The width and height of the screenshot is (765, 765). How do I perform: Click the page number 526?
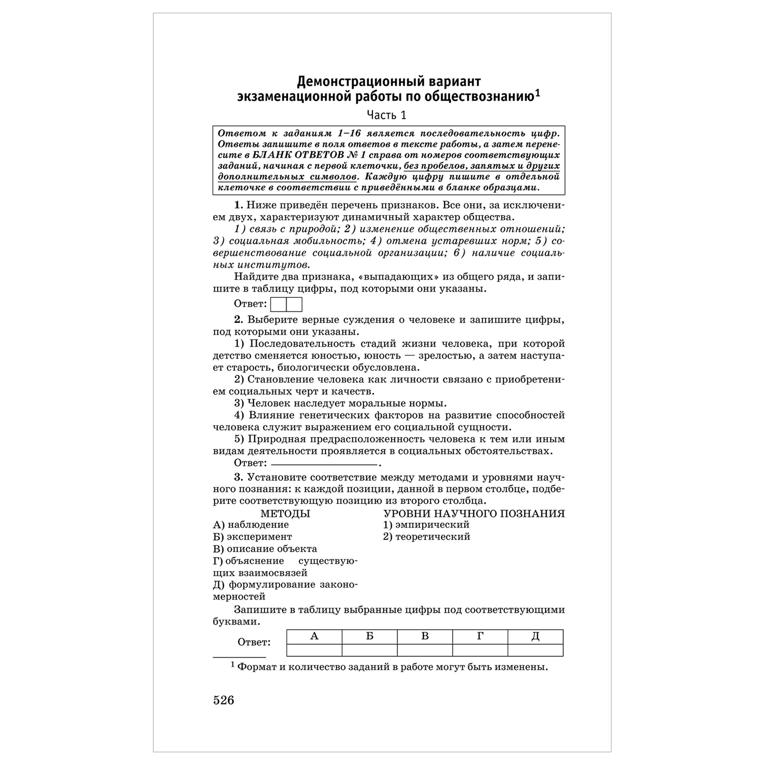(223, 700)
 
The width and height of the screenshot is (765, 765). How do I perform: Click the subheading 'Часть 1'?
(387, 115)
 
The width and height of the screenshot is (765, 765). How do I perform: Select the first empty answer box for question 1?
(278, 304)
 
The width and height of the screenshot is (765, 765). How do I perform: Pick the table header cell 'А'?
(314, 636)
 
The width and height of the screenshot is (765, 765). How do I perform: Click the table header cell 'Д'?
(535, 636)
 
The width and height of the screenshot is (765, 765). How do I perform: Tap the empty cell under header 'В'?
(425, 650)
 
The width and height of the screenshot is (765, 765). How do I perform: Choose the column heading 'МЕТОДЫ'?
(285, 514)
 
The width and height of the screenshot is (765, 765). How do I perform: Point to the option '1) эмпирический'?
(426, 525)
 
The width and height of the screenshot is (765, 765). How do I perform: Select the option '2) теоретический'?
(427, 537)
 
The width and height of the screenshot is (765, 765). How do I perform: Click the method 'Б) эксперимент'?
(252, 537)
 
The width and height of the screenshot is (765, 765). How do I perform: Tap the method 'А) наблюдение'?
(251, 525)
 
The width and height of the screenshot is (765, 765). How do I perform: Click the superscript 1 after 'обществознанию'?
(538, 94)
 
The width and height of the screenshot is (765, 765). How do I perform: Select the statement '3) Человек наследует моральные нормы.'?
(341, 403)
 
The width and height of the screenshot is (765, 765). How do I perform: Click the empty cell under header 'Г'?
(480, 650)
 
